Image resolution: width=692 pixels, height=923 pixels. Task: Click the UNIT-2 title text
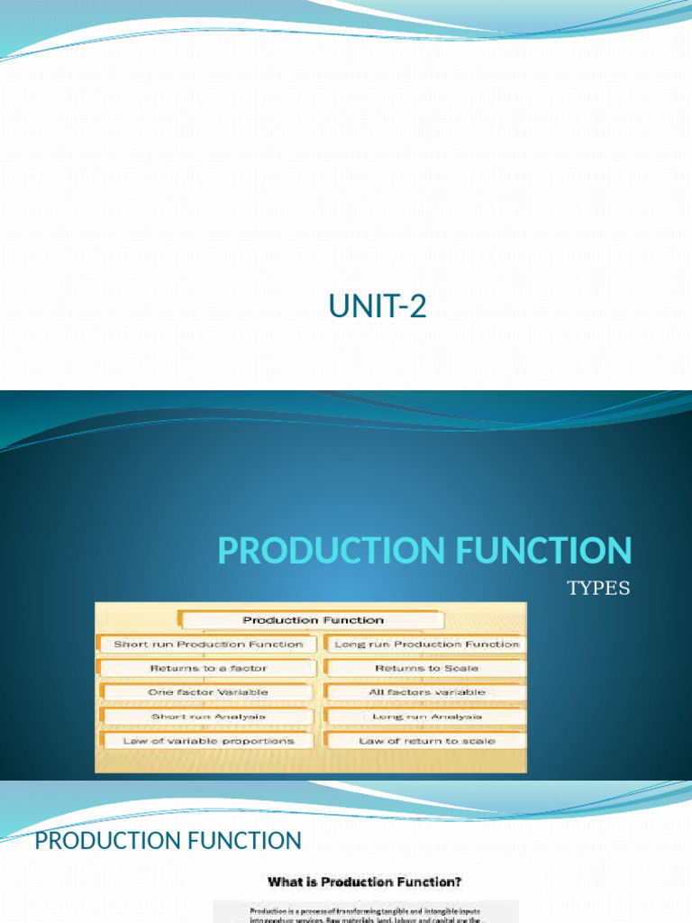coord(378,307)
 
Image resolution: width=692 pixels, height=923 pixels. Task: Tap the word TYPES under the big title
coord(598,589)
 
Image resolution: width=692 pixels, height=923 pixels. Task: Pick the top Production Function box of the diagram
coord(313,620)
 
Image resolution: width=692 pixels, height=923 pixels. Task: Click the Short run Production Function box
coord(208,644)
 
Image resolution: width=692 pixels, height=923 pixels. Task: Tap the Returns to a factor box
coord(208,669)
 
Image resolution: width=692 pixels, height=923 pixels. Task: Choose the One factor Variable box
coord(208,692)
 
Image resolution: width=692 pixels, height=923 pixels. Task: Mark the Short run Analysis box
coord(208,717)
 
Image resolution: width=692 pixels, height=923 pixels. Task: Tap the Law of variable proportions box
coord(208,741)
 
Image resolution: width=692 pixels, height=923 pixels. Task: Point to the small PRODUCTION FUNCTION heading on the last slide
coord(168,841)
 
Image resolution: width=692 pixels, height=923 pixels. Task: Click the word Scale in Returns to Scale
coord(461,669)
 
